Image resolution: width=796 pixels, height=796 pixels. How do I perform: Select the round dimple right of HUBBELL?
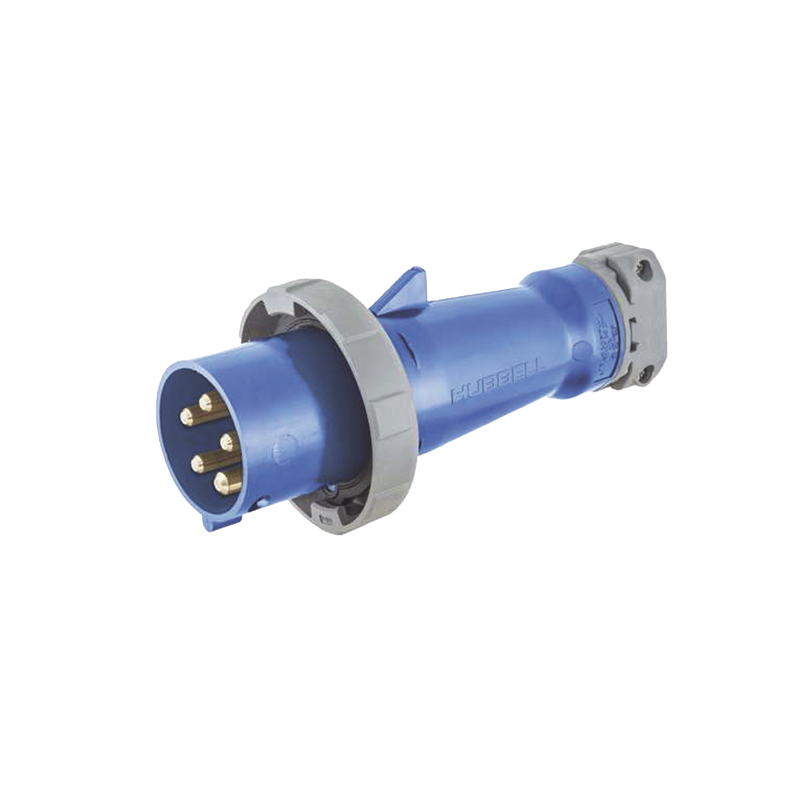580,351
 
